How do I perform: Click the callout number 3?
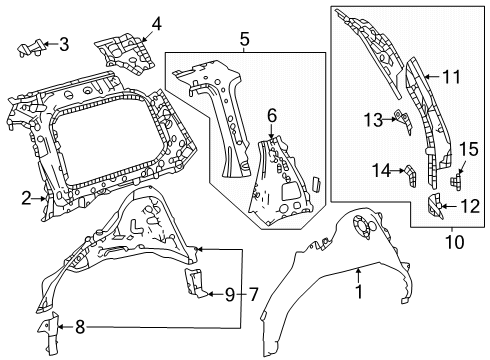coord(64,44)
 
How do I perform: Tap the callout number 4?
coord(156,24)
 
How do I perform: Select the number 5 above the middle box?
coord(244,39)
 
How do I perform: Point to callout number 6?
coord(272,116)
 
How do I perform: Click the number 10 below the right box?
coord(455,242)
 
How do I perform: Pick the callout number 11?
coord(451,77)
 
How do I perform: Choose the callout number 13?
coord(373,120)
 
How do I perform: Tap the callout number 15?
coord(469,149)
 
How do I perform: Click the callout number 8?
coord(80,327)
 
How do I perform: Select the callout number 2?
coord(27,199)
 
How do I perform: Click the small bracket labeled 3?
coord(30,48)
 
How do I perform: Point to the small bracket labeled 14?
coord(411,176)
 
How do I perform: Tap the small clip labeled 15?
coord(456,180)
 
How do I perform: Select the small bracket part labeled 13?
coord(403,122)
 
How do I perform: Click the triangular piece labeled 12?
coord(435,206)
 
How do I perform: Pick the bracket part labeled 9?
coord(195,282)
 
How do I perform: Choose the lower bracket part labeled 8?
coord(50,334)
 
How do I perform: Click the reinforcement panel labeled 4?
coord(126,53)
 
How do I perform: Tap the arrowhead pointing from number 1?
coord(358,271)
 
